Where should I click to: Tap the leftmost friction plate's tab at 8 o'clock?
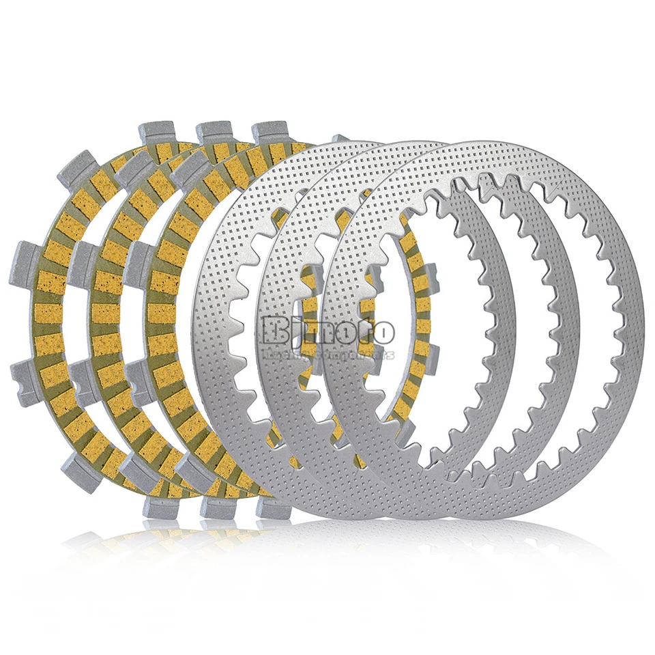point(27,376)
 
